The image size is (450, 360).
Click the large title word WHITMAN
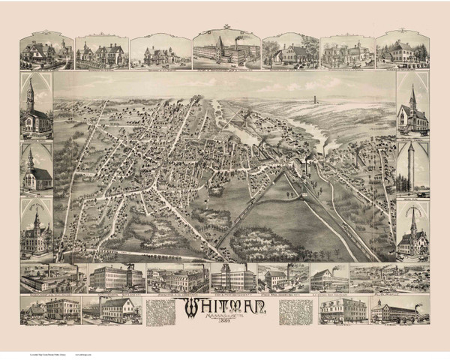coord(224,305)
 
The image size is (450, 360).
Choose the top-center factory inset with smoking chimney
coord(224,49)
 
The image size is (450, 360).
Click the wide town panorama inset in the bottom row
coord(379,277)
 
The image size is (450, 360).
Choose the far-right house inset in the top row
coord(402,52)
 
